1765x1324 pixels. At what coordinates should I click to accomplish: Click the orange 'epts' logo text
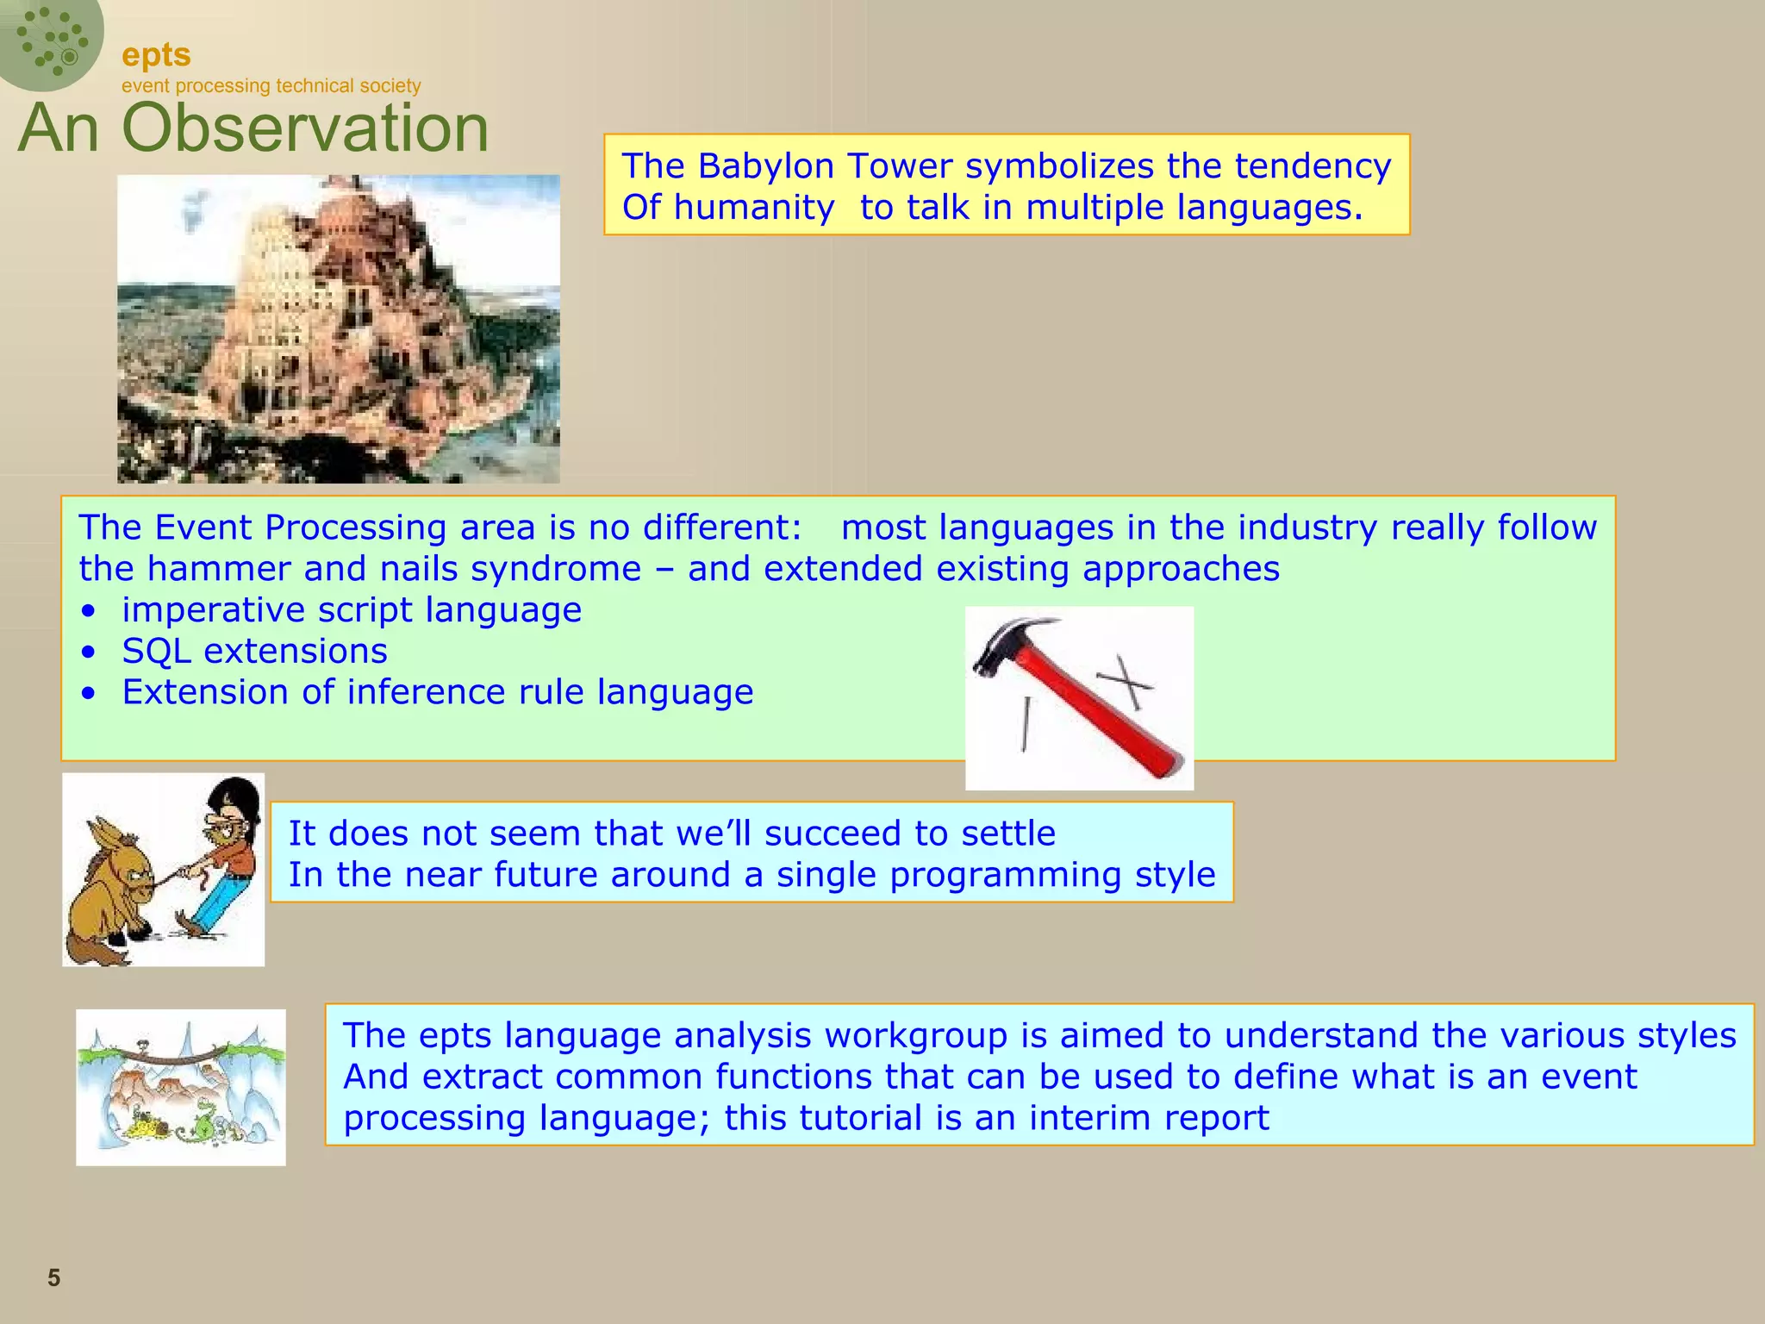(156, 55)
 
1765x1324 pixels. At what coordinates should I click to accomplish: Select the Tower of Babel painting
(338, 328)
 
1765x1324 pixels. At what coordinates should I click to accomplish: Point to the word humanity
(753, 208)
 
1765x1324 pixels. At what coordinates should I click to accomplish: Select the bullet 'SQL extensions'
(254, 651)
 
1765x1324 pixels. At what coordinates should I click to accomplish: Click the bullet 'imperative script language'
(351, 609)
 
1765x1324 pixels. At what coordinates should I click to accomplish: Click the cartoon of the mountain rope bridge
(180, 1087)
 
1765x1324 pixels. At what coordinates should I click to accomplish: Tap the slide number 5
(53, 1277)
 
